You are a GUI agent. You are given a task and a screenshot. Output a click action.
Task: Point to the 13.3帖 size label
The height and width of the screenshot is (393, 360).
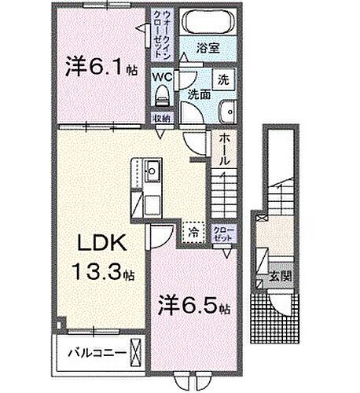pos(104,276)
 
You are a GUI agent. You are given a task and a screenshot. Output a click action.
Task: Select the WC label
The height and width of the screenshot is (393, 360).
pos(163,77)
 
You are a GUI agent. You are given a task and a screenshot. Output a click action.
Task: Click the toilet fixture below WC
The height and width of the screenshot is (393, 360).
pos(163,95)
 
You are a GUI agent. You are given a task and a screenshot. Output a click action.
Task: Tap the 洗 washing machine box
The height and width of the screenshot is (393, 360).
pos(222,79)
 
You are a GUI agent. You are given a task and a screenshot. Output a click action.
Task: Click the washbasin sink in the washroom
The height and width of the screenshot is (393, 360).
pos(227,111)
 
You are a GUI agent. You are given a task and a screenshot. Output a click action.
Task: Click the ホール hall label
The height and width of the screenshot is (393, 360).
pos(225,147)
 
